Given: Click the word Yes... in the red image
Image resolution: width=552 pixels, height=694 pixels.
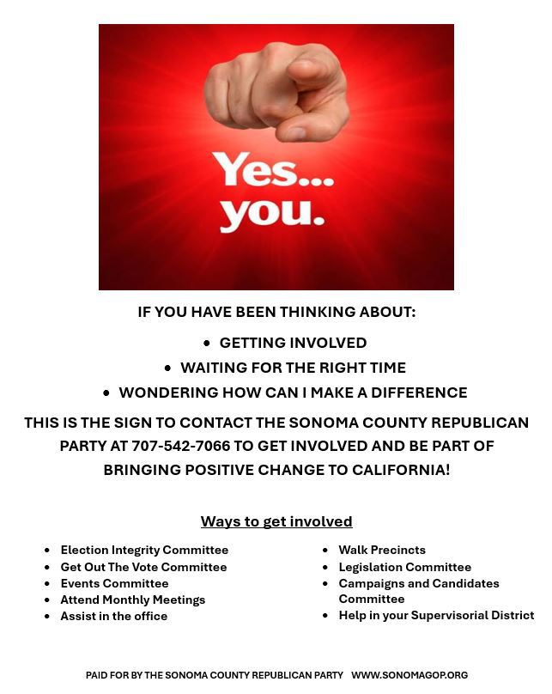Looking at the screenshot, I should pyautogui.click(x=273, y=169).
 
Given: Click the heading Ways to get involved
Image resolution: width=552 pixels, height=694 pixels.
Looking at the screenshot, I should pyautogui.click(x=276, y=521).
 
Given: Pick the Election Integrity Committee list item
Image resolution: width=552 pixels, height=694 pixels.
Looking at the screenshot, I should pyautogui.click(x=144, y=550).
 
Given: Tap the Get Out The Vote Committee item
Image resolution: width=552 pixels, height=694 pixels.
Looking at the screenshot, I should pyautogui.click(x=143, y=567).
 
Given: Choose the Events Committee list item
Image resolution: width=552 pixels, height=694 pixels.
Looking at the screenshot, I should pyautogui.click(x=114, y=583).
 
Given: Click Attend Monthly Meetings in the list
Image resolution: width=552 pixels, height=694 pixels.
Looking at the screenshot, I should pyautogui.click(x=132, y=600).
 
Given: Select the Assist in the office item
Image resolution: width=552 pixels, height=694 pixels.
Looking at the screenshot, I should pyautogui.click(x=113, y=616).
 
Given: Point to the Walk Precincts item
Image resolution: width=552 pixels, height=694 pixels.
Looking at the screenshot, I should pyautogui.click(x=382, y=550).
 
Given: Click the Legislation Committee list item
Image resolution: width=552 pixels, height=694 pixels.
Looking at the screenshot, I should pyautogui.click(x=404, y=567).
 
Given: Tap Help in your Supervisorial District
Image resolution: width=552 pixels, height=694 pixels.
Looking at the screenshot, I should pyautogui.click(x=436, y=615).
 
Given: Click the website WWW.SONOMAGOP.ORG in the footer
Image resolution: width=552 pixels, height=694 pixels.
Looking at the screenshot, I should pyautogui.click(x=409, y=675).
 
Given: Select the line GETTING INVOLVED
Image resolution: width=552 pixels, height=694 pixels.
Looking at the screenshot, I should pyautogui.click(x=293, y=343).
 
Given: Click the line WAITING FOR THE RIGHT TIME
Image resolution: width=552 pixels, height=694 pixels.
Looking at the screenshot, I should pyautogui.click(x=293, y=368).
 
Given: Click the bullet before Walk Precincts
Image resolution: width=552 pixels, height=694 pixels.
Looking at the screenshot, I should pyautogui.click(x=325, y=551).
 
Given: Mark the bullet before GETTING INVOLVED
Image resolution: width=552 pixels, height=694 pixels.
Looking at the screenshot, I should pyautogui.click(x=207, y=343).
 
